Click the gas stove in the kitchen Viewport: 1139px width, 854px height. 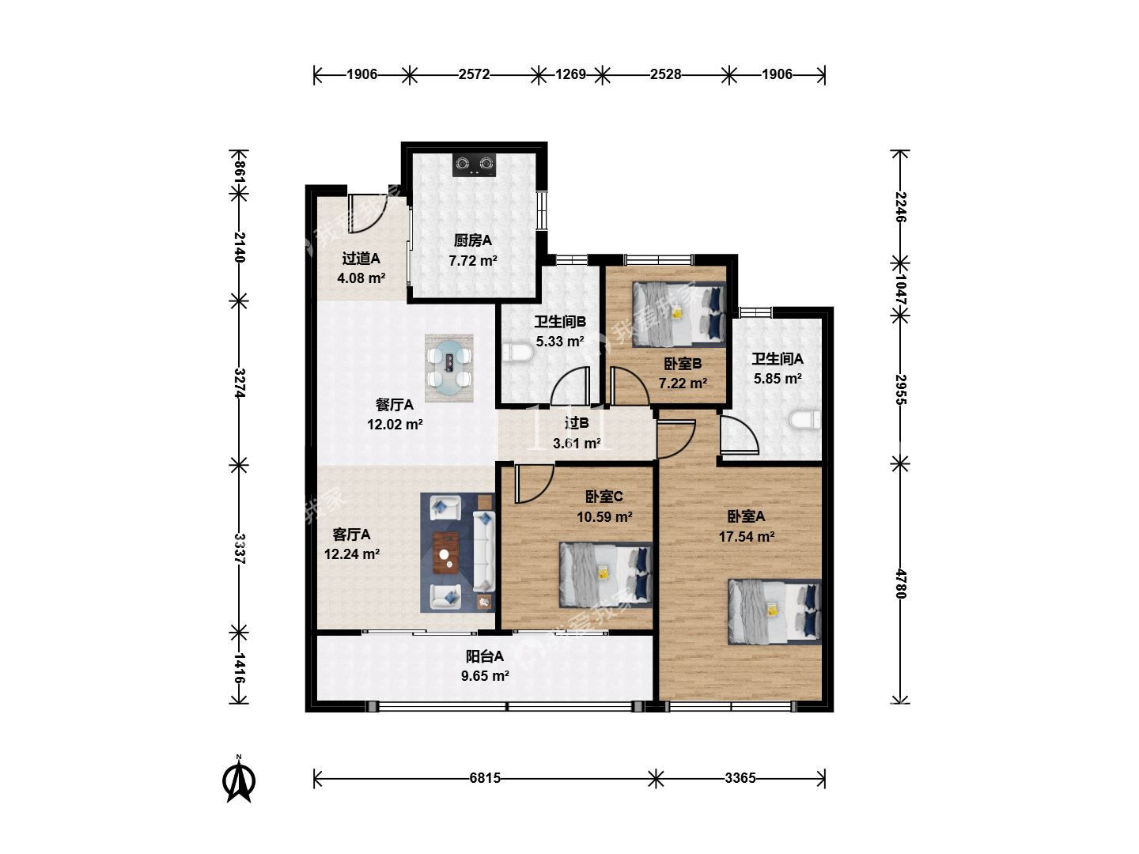point(474,164)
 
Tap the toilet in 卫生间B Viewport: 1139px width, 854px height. point(517,353)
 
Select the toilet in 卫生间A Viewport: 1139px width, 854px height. point(805,420)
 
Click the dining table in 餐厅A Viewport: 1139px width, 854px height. point(449,368)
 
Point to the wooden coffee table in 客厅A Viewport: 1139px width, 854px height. point(446,553)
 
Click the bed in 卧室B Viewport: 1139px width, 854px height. point(678,314)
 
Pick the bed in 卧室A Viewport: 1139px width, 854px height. point(774,612)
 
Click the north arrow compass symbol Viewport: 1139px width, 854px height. point(239,780)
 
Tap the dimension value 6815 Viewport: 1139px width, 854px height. point(485,778)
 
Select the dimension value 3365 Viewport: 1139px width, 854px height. point(740,778)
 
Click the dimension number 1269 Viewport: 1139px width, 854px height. point(570,74)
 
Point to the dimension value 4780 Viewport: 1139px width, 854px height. point(900,584)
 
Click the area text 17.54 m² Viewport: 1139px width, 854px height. point(747,536)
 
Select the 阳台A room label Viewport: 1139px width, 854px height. point(485,656)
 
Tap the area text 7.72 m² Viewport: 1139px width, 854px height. point(473,260)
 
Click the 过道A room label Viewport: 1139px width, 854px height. point(361,259)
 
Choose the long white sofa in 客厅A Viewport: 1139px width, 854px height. point(483,551)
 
